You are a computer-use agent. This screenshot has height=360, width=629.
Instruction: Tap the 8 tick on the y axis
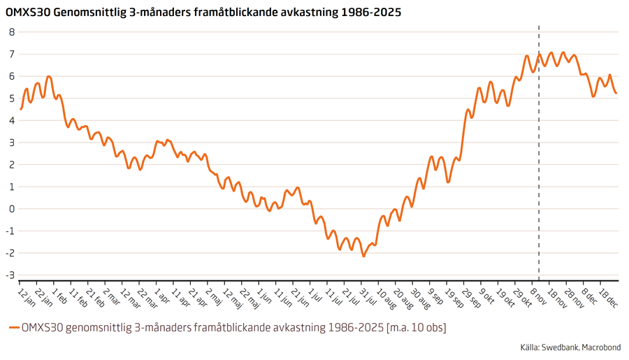pos(12,32)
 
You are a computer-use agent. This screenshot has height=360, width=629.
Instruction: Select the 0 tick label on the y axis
pos(12,209)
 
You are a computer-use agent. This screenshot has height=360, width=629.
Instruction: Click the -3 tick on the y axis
pos(10,275)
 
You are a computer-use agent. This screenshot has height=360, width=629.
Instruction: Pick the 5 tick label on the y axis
pos(12,99)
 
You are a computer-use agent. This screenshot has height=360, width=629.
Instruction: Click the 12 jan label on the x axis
pos(27,296)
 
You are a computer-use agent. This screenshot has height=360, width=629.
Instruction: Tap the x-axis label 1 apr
pos(162,296)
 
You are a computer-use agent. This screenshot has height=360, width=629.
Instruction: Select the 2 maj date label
pos(214,296)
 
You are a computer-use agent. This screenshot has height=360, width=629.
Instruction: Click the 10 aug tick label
pos(386,298)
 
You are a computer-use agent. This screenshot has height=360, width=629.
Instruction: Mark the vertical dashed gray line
pos(539,175)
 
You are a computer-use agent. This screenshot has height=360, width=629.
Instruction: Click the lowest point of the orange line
pos(363,256)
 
